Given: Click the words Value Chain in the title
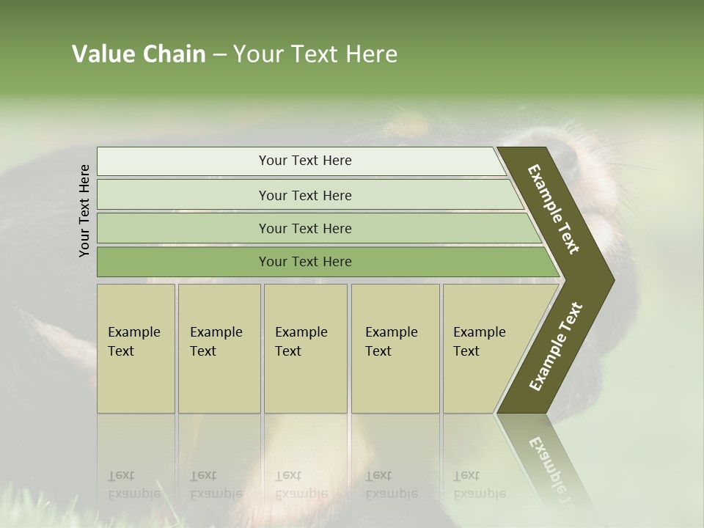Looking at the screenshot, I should (x=139, y=54).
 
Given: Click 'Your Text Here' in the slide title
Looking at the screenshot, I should (x=315, y=54).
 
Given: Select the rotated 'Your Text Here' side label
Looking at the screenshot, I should (x=84, y=210).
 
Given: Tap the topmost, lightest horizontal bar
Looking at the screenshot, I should (x=305, y=161).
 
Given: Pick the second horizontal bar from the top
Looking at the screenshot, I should (x=305, y=195).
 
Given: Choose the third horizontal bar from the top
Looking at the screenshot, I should (x=305, y=228).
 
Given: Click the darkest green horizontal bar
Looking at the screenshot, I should (x=305, y=262).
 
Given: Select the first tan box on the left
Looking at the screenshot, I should (x=136, y=348).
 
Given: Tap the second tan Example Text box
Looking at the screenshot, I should (x=219, y=348).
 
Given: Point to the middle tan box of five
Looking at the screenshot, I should (x=305, y=348).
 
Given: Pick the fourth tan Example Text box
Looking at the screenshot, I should (x=395, y=348).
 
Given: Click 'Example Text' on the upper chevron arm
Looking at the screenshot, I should (x=554, y=209).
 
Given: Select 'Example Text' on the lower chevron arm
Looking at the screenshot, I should (x=556, y=347).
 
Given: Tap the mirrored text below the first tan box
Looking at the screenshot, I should (x=133, y=485).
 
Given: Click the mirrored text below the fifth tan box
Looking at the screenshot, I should (x=479, y=485).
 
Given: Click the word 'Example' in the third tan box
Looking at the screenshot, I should (x=301, y=332).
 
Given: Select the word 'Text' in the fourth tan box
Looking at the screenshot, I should (x=378, y=351).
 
